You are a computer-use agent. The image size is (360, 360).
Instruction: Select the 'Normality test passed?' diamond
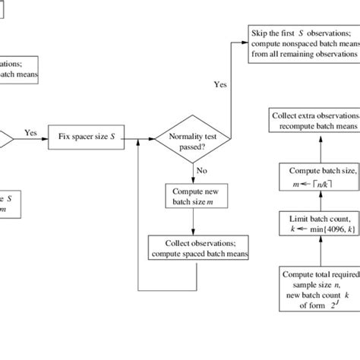tap(193, 139)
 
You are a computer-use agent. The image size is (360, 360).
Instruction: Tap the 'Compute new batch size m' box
tap(194, 194)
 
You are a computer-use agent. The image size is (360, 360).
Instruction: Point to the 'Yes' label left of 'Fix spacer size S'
tap(30, 132)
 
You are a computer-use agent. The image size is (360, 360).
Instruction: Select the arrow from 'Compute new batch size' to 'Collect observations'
tap(194, 219)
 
